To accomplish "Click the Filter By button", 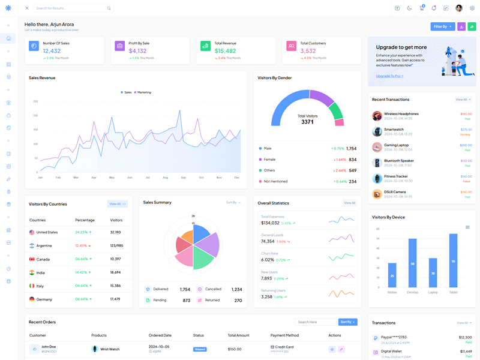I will pos(442,26).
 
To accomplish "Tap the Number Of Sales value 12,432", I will pos(52,51).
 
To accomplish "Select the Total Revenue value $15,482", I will pos(225,51).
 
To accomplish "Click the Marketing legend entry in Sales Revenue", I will pos(143,92).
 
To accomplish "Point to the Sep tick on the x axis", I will pos(183,178).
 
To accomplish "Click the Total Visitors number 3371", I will pos(307,122).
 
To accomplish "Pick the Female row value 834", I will pos(352,160).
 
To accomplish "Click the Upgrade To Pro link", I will pos(389,76).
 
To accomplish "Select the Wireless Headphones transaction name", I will pos(401,113).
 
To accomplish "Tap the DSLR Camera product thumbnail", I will pos(377,194).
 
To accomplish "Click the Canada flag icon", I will pos(32,259).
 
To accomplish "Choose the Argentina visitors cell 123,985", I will pos(116,245).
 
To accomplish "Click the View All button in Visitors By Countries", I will pos(116,204).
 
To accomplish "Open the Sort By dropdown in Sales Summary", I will pos(233,203).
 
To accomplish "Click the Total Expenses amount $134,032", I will pos(270,223).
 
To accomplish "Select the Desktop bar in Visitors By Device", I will pos(412,263).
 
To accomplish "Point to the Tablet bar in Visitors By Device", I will pos(453,260).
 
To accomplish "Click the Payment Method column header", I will pos(284,335).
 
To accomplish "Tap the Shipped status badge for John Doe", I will pos(200,349).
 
